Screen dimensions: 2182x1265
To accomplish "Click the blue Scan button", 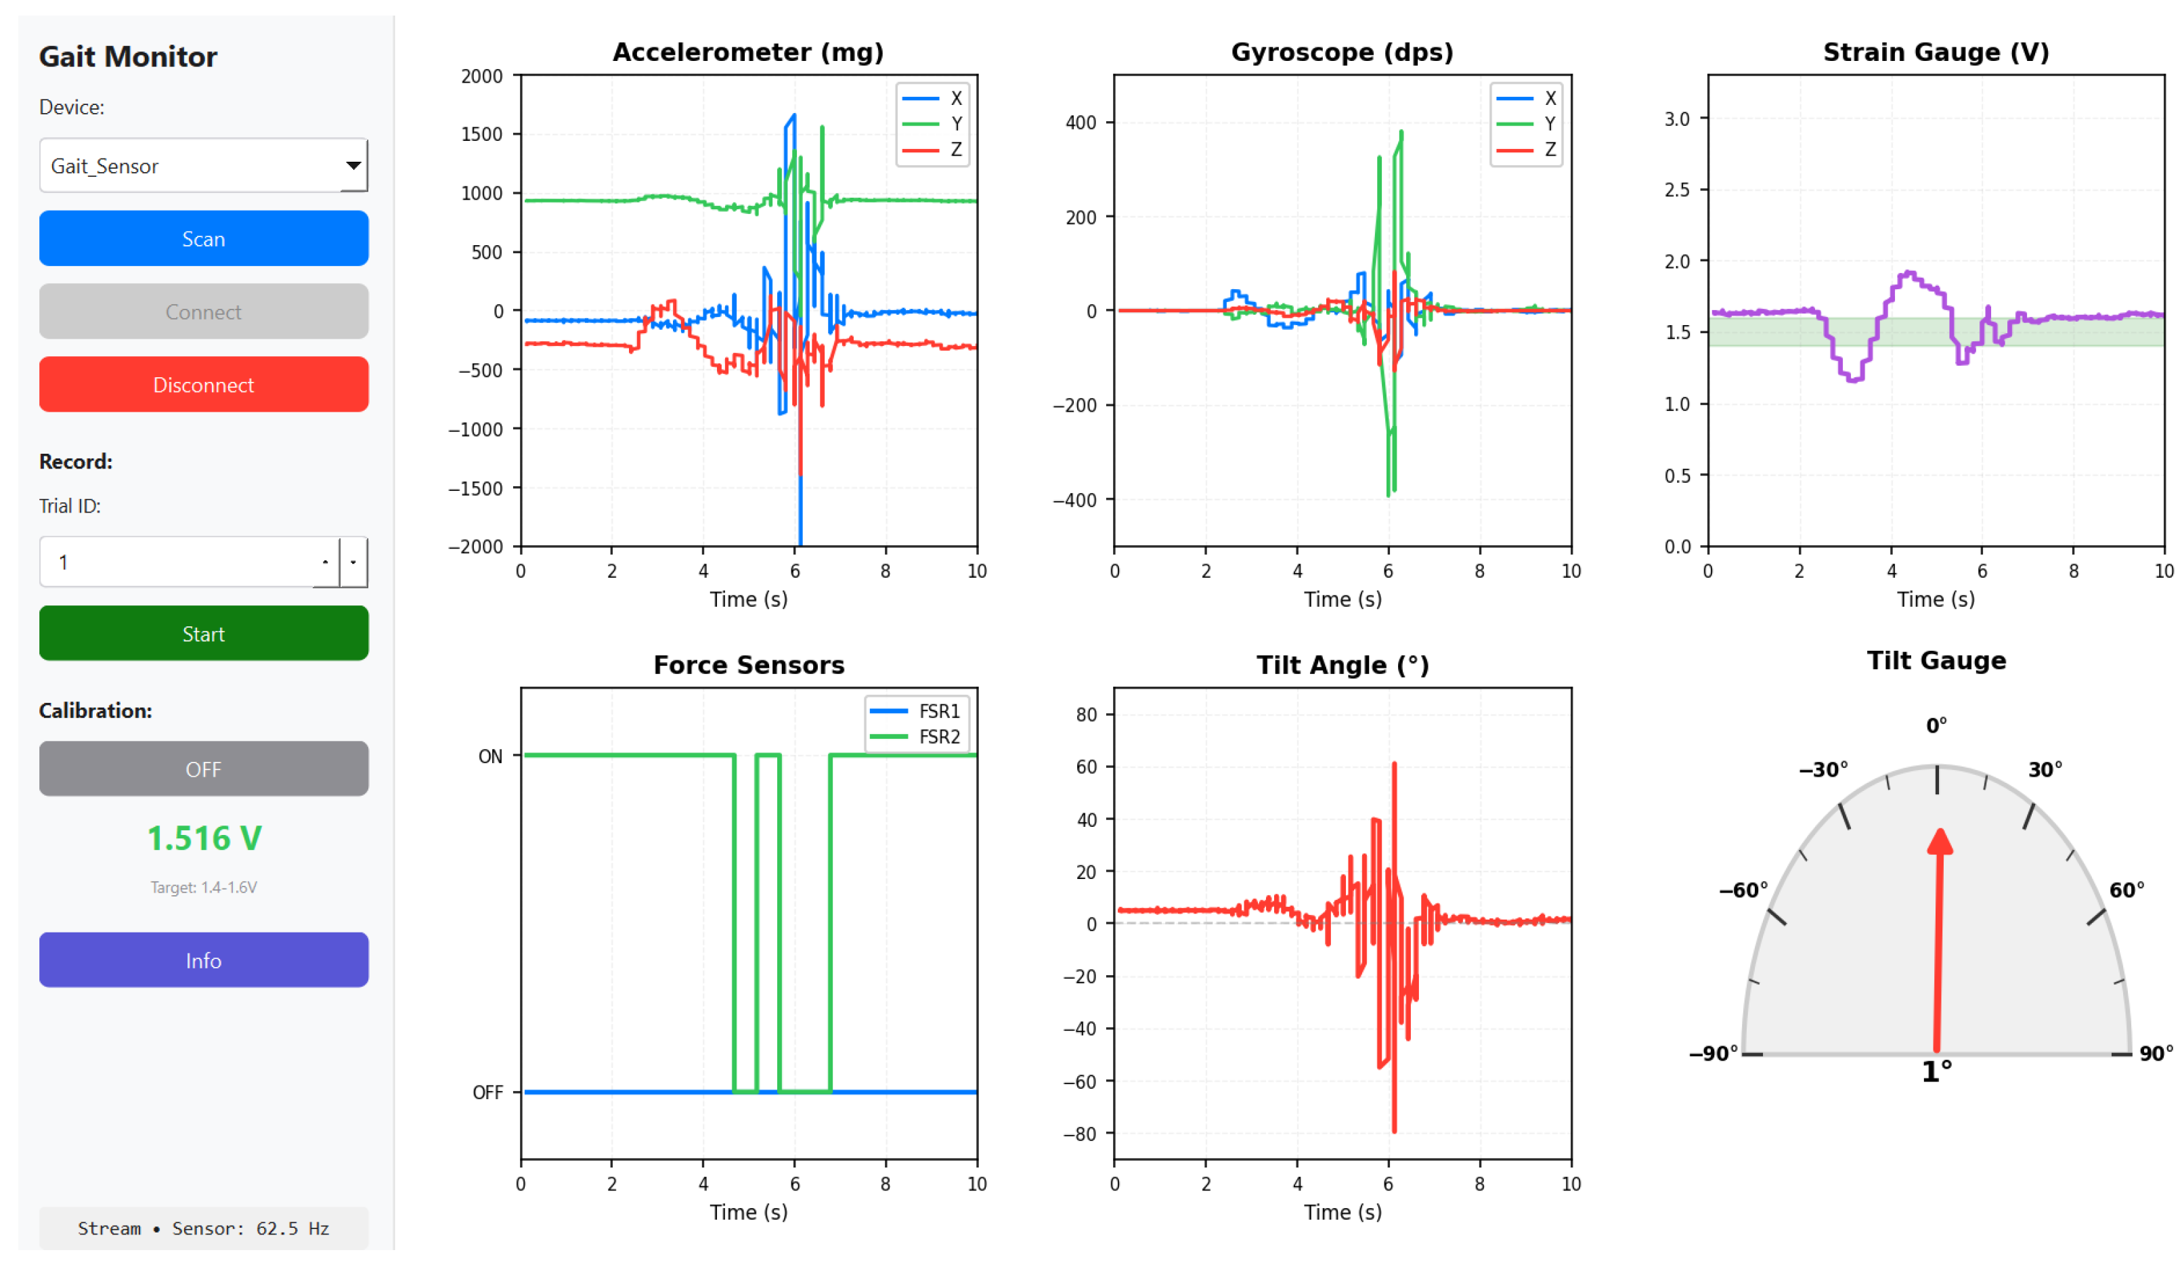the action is (x=204, y=238).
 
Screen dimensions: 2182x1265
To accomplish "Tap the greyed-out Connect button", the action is (x=204, y=311).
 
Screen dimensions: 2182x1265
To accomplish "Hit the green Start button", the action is (x=204, y=633).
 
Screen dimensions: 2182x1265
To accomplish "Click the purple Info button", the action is (x=204, y=960).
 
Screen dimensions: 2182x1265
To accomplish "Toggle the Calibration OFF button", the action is (x=204, y=768).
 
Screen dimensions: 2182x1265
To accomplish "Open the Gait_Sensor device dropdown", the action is (x=204, y=165).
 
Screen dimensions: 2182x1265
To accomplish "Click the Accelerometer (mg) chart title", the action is (x=748, y=52).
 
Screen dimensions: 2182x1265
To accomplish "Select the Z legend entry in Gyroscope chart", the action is (x=1527, y=150).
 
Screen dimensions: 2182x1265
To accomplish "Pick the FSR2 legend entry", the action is (x=916, y=736).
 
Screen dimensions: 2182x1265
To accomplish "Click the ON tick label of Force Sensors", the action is (x=490, y=756).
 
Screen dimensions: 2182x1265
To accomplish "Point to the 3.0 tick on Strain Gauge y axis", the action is (x=1676, y=119).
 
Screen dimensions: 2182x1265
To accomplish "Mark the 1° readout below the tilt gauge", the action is (x=1936, y=1071).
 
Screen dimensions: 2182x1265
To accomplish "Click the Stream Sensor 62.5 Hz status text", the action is (x=204, y=1228).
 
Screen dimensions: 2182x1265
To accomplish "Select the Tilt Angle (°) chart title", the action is (x=1342, y=665).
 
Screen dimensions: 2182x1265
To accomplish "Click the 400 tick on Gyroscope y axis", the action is (x=1081, y=122).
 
